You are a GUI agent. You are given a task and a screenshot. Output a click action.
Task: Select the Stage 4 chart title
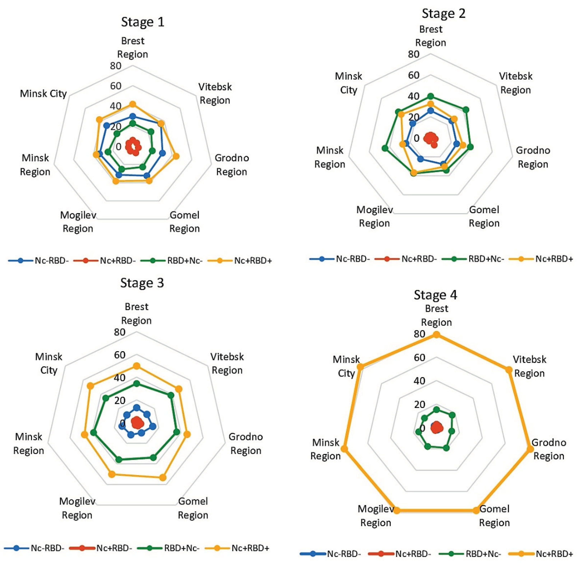click(x=435, y=295)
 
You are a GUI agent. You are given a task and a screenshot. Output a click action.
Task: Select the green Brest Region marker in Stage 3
click(x=136, y=384)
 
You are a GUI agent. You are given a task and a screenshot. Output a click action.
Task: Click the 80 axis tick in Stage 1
click(x=116, y=66)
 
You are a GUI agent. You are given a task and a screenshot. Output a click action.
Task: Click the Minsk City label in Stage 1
click(x=43, y=94)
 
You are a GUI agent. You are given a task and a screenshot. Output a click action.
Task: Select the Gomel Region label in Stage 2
click(x=484, y=216)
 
